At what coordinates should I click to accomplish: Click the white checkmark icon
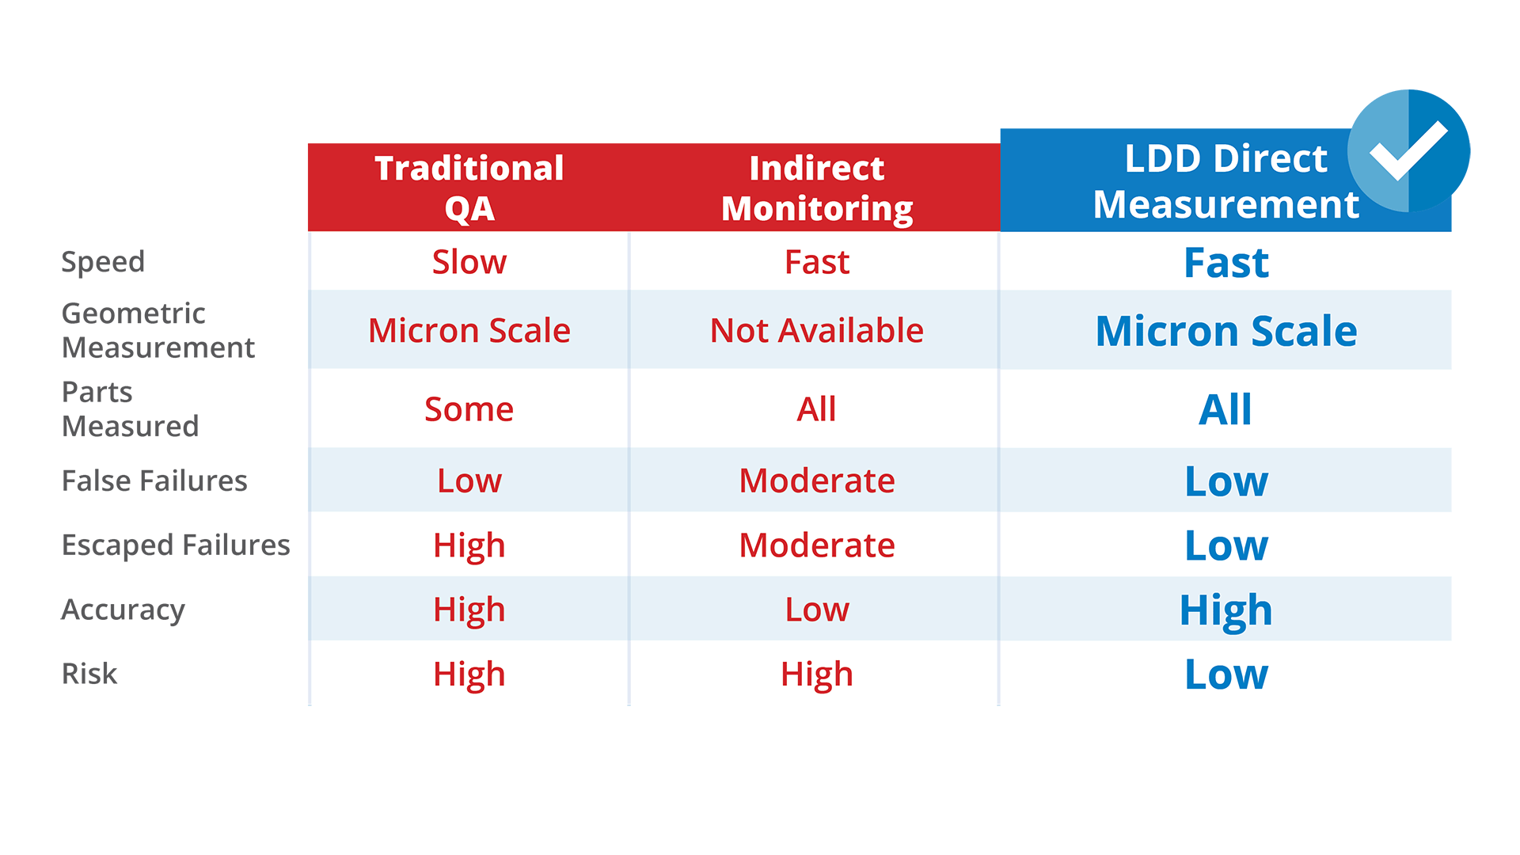click(1408, 150)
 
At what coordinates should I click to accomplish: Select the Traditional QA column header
click(469, 188)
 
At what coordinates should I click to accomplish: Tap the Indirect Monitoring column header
click(816, 188)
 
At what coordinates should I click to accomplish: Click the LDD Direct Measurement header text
click(1225, 181)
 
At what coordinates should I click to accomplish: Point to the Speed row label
click(103, 262)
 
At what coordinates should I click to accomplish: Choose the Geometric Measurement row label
click(158, 330)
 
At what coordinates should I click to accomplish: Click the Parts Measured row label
click(130, 408)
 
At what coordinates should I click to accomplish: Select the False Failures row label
click(154, 481)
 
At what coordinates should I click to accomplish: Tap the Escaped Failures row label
click(176, 545)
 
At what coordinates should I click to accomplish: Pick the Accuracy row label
click(123, 610)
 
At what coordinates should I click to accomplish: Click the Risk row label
click(89, 674)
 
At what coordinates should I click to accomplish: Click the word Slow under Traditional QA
click(469, 262)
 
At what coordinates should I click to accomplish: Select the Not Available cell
click(816, 330)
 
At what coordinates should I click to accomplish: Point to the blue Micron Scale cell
click(1225, 330)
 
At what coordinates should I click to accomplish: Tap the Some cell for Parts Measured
click(469, 409)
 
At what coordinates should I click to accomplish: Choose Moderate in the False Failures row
click(816, 481)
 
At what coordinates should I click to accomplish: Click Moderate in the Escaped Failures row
click(816, 545)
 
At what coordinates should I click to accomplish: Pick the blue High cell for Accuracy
click(1225, 610)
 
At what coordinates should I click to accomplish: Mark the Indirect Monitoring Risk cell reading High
click(816, 674)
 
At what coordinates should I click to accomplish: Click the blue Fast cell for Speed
click(1225, 263)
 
